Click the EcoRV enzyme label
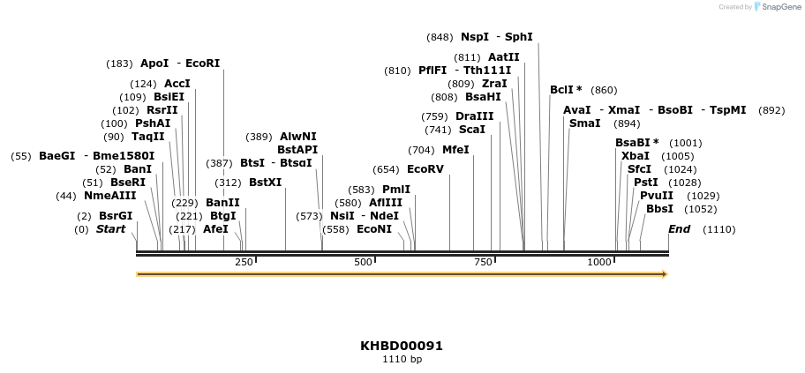pyautogui.click(x=425, y=169)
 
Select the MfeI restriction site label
pyautogui.click(x=455, y=150)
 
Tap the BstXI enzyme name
pyautogui.click(x=265, y=183)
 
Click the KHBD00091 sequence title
pyautogui.click(x=402, y=346)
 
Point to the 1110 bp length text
pyautogui.click(x=402, y=360)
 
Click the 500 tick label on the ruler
pyautogui.click(x=363, y=262)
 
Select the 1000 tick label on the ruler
pyautogui.click(x=600, y=262)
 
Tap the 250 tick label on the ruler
pyautogui.click(x=244, y=262)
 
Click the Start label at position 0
pyautogui.click(x=110, y=229)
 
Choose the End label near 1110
pyautogui.click(x=679, y=229)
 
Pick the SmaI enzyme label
pyautogui.click(x=584, y=123)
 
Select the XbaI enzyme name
pyautogui.click(x=635, y=156)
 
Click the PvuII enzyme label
pyautogui.click(x=656, y=196)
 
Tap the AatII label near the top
pyautogui.click(x=503, y=56)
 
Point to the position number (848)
pyautogui.click(x=439, y=37)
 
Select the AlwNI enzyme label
pyautogui.click(x=297, y=137)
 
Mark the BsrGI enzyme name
pyautogui.click(x=116, y=216)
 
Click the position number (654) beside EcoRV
pyautogui.click(x=386, y=169)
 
